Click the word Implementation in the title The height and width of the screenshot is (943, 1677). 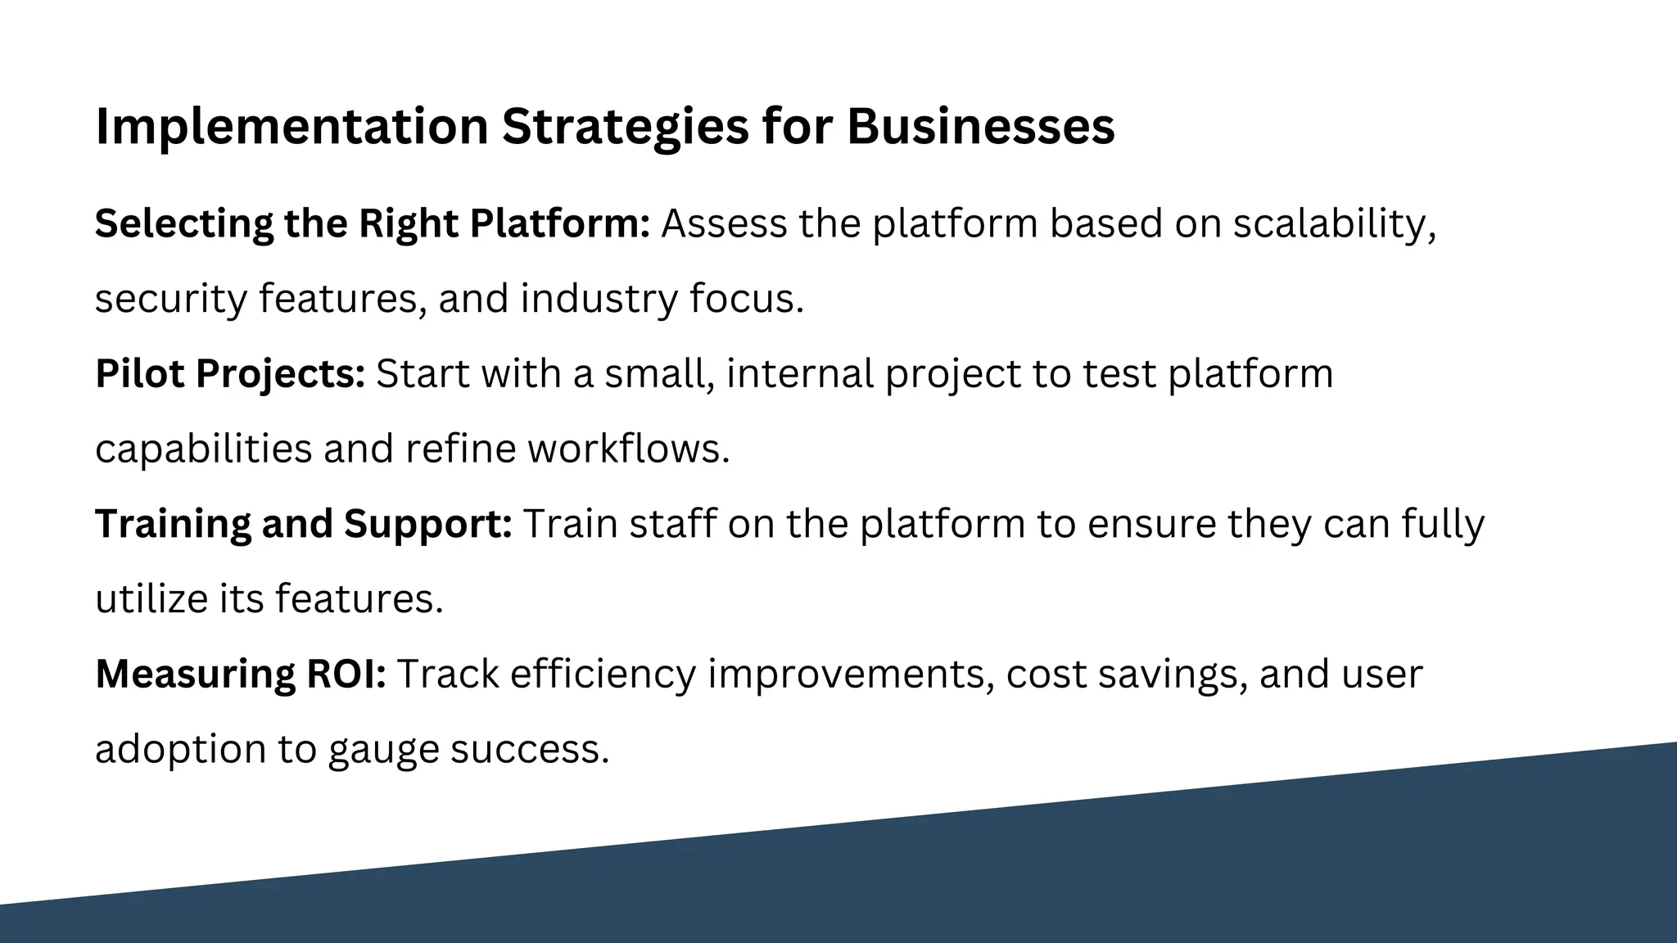click(292, 127)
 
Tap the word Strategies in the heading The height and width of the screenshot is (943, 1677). click(625, 127)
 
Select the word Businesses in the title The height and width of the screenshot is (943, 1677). click(980, 127)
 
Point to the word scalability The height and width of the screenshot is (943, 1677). click(1334, 223)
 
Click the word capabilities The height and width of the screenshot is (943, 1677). click(203, 449)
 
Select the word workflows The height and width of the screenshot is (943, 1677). click(627, 449)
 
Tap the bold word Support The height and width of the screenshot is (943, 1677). click(427, 524)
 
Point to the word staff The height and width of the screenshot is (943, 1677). click(672, 524)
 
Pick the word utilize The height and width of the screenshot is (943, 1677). click(151, 598)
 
